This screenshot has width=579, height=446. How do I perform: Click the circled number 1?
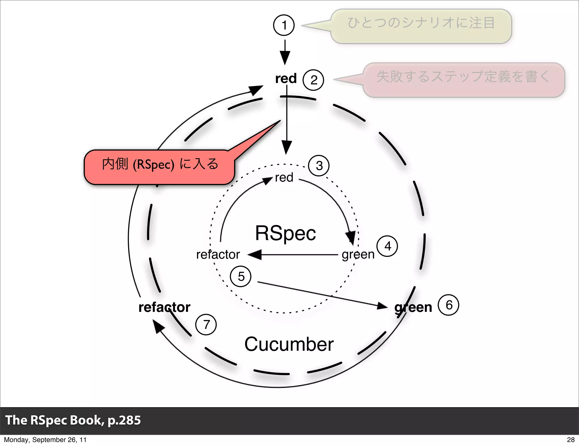click(x=284, y=25)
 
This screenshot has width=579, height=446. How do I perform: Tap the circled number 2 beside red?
click(x=313, y=80)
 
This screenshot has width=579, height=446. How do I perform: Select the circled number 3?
click(x=319, y=166)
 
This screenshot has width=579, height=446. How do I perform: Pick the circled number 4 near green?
click(x=387, y=246)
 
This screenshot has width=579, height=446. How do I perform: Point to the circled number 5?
click(x=241, y=276)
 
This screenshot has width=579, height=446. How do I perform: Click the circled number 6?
click(x=448, y=305)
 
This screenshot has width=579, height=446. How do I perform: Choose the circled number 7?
click(x=206, y=325)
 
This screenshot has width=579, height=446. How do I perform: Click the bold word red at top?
click(x=286, y=78)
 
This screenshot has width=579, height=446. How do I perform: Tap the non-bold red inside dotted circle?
click(x=284, y=178)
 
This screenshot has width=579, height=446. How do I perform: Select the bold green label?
click(x=413, y=307)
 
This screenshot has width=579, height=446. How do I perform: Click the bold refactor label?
click(x=164, y=307)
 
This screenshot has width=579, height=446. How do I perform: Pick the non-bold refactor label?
click(x=218, y=254)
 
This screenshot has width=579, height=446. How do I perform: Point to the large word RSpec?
click(x=285, y=233)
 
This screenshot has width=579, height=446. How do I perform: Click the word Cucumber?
click(x=289, y=344)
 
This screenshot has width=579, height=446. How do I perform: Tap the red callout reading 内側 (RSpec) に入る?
click(x=159, y=167)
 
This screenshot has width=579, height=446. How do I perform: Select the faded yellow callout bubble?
click(x=421, y=26)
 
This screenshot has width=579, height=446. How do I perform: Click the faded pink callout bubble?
click(x=464, y=80)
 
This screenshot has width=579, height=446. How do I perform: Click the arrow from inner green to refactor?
click(x=294, y=255)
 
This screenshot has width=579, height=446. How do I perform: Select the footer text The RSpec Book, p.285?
click(x=73, y=420)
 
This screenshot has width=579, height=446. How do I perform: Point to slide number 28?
click(x=571, y=439)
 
